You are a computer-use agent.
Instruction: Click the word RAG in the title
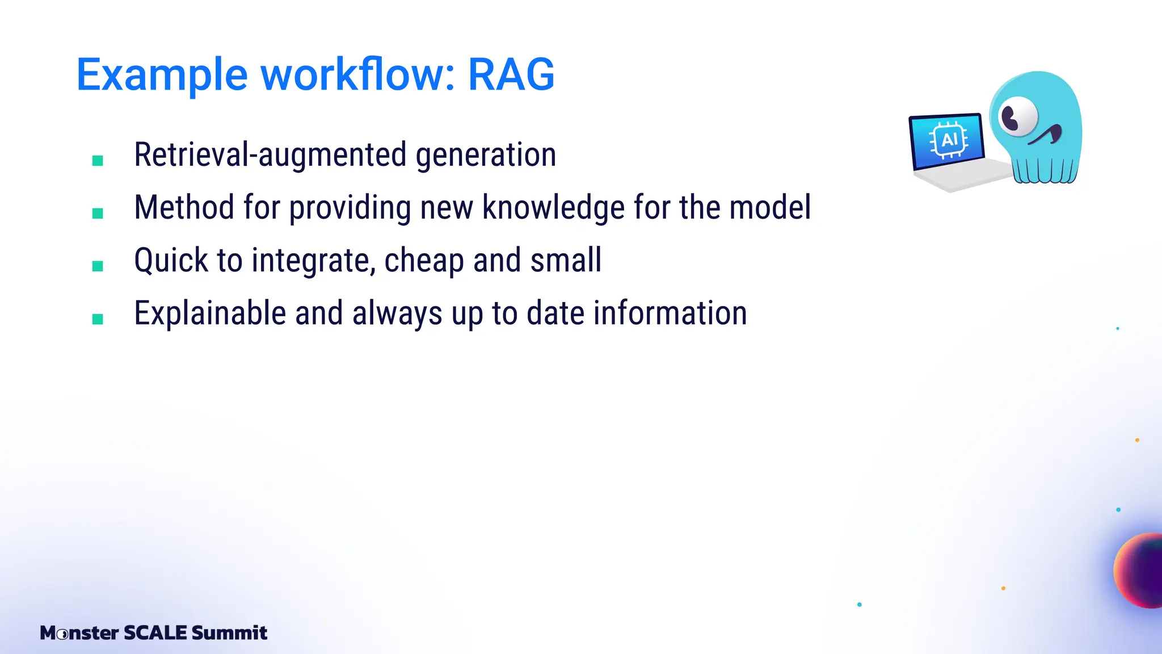click(x=511, y=74)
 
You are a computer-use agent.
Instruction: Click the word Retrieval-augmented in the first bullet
click(x=270, y=155)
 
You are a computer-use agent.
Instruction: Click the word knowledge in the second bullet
click(x=553, y=208)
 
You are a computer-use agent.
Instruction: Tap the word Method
click(x=184, y=207)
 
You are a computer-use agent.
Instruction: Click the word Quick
click(x=171, y=261)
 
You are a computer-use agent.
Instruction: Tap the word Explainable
click(x=210, y=313)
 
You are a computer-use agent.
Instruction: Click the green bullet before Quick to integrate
click(x=98, y=266)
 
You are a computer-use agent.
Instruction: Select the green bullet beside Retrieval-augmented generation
click(x=98, y=161)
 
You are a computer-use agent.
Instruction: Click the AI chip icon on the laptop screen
click(x=948, y=140)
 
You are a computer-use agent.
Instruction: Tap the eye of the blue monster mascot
click(x=1018, y=116)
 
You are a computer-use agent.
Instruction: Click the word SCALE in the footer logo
click(x=155, y=632)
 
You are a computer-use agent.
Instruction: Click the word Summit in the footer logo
click(x=229, y=632)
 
